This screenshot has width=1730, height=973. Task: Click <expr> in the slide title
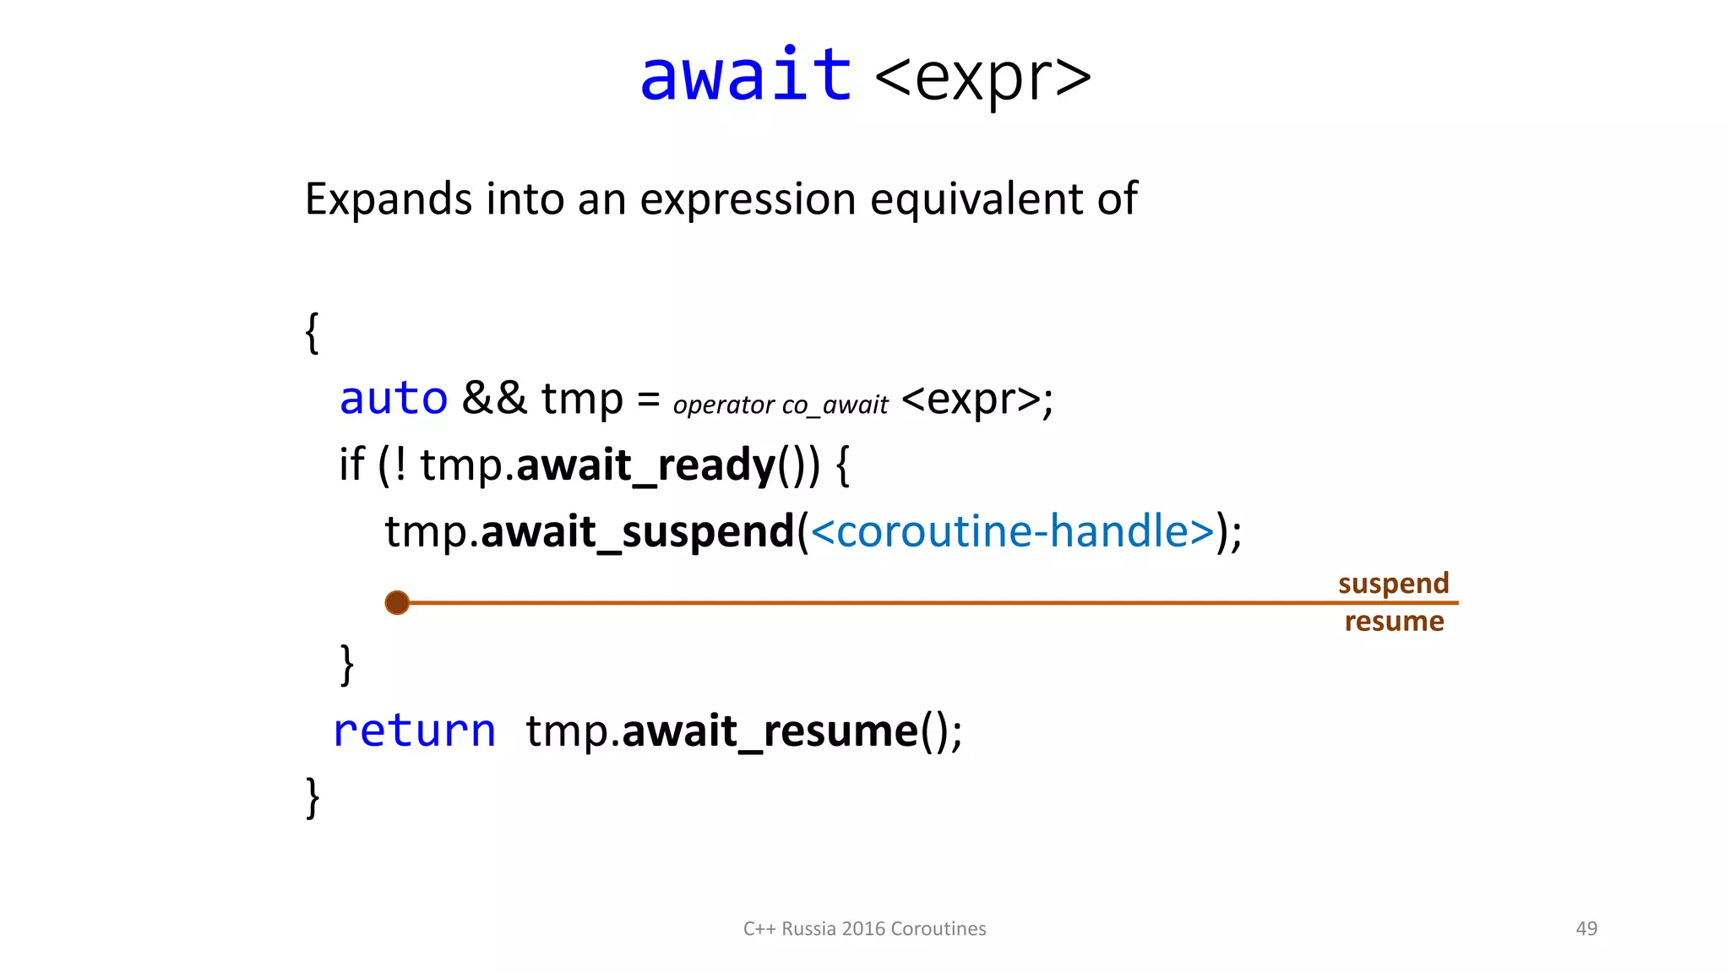(x=982, y=78)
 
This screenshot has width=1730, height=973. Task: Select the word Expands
(x=388, y=200)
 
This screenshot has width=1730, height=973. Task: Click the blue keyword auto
(x=393, y=399)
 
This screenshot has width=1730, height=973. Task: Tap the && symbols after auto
(x=494, y=398)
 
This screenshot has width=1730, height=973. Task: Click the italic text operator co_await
(x=780, y=405)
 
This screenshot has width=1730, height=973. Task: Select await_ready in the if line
(x=645, y=465)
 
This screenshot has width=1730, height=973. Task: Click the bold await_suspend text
(x=638, y=532)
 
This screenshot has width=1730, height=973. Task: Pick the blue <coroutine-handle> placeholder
(x=1012, y=532)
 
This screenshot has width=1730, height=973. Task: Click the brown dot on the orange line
(x=397, y=603)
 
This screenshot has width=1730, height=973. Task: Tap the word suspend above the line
(x=1393, y=584)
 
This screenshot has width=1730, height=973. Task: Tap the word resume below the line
(x=1394, y=622)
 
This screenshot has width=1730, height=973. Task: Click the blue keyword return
(x=414, y=731)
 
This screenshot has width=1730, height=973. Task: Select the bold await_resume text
(x=770, y=731)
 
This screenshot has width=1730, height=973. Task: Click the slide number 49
(x=1586, y=929)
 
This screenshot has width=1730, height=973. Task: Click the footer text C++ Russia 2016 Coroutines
(x=864, y=929)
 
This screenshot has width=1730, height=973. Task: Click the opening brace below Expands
(x=312, y=333)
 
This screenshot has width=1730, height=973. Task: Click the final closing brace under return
(x=312, y=797)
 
